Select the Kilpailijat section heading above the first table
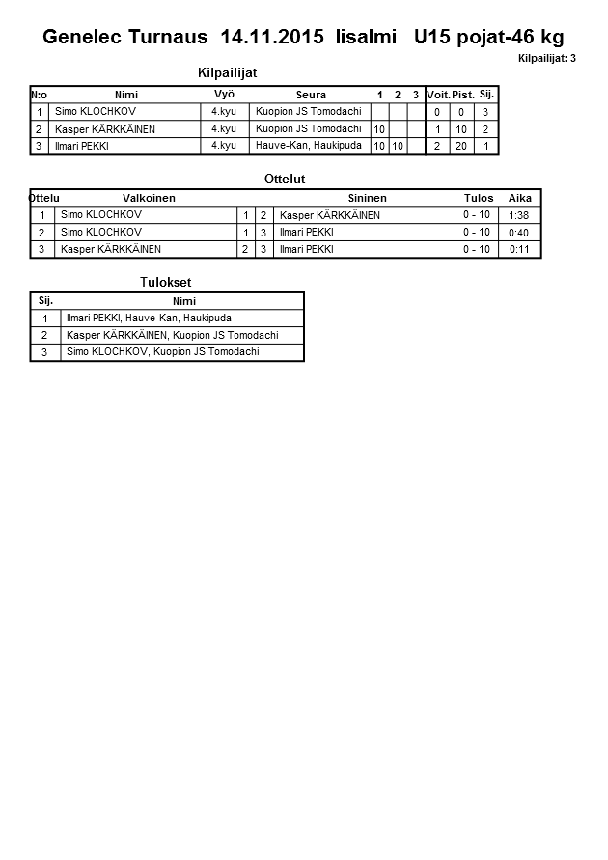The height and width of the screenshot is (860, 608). click(227, 72)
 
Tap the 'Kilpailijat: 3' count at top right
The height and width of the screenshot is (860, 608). click(546, 59)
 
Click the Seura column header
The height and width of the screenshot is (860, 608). click(311, 95)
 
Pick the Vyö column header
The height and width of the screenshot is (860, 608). click(224, 94)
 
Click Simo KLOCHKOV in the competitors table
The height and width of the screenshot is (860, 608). click(96, 112)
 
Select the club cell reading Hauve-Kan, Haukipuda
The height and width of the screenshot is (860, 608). click(309, 145)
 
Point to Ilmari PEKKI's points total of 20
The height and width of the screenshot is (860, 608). click(462, 146)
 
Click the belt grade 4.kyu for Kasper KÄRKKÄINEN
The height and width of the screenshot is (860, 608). click(224, 128)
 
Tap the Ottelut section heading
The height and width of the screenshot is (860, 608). click(285, 180)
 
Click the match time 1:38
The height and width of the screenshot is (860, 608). click(518, 215)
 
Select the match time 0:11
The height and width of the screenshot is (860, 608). click(518, 249)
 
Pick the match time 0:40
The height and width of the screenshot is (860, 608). click(518, 233)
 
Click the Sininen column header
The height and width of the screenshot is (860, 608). click(367, 198)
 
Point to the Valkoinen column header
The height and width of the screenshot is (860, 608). click(150, 198)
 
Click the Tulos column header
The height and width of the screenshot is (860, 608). click(478, 198)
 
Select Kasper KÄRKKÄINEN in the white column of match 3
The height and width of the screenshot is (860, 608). click(111, 249)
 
